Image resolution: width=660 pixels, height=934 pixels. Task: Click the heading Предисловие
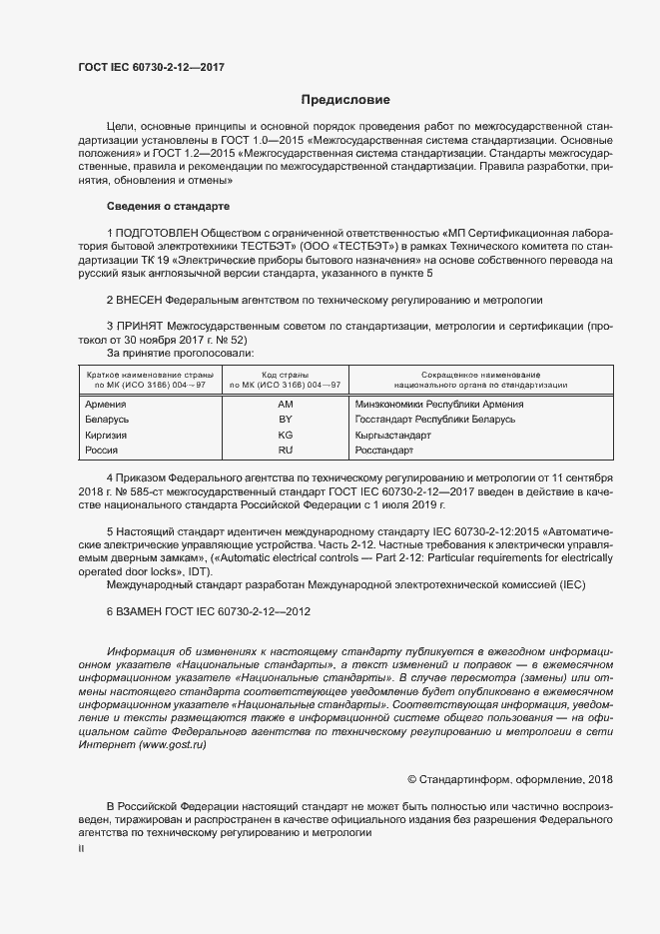pyautogui.click(x=346, y=100)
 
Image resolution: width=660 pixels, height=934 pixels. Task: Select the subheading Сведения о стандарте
pyautogui.click(x=168, y=206)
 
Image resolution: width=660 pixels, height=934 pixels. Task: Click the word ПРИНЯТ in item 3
pyautogui.click(x=141, y=326)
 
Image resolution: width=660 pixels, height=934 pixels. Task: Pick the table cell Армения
pyautogui.click(x=106, y=405)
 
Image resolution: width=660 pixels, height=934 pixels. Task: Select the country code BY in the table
pyautogui.click(x=285, y=421)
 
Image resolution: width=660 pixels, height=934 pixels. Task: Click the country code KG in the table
pyautogui.click(x=285, y=437)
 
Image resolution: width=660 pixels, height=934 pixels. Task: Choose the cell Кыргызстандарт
pyautogui.click(x=392, y=437)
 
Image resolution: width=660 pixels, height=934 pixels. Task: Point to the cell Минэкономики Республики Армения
pyautogui.click(x=439, y=405)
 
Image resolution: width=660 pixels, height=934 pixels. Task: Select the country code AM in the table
pyautogui.click(x=285, y=405)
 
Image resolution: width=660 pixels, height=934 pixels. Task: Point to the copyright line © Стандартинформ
pyautogui.click(x=495, y=779)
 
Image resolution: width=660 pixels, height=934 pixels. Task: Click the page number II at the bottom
pyautogui.click(x=81, y=848)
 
